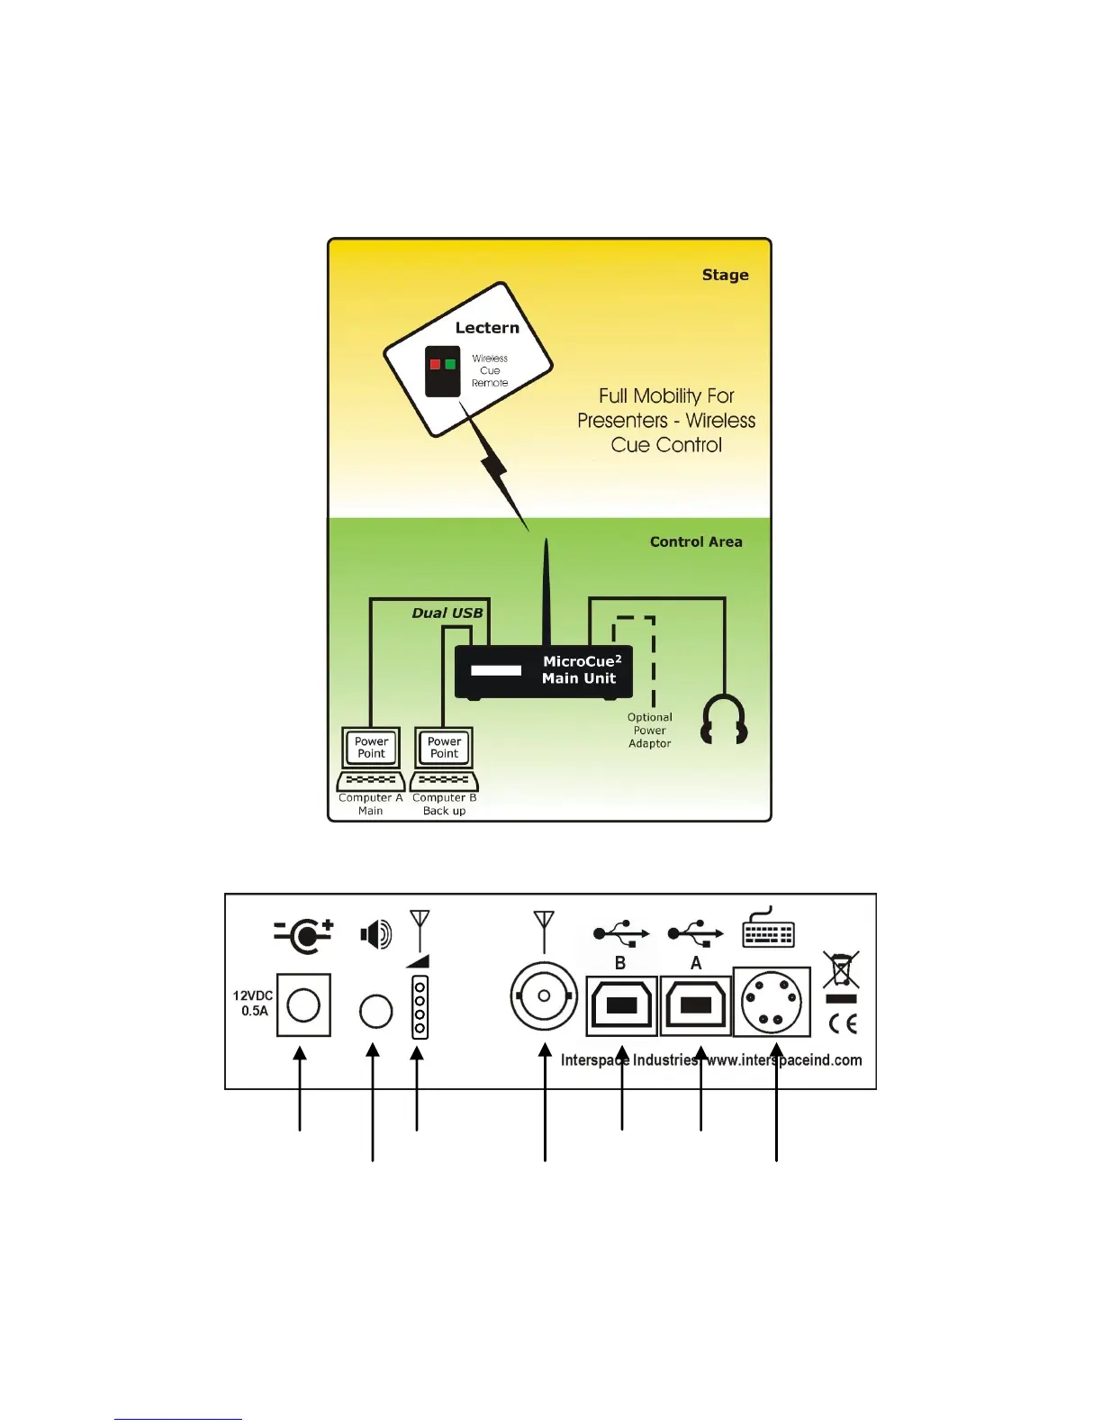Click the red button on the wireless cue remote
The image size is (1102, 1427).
435,364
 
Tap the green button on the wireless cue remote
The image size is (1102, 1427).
450,364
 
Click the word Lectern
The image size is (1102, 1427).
487,328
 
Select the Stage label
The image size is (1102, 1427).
725,275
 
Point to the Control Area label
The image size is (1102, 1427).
696,541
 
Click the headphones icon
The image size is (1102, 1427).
724,719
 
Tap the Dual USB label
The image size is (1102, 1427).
447,613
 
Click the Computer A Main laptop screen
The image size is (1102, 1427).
371,748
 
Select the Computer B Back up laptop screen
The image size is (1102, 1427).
444,748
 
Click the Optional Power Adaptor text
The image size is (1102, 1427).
649,731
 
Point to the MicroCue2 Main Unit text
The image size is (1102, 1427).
581,669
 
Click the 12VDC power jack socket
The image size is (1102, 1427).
303,1004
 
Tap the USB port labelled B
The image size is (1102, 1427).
621,1005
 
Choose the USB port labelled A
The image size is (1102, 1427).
696,1005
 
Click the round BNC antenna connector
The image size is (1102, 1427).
544,996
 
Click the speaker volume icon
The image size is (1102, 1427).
376,934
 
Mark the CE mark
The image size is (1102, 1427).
843,1023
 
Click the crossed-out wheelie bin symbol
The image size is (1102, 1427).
841,970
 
